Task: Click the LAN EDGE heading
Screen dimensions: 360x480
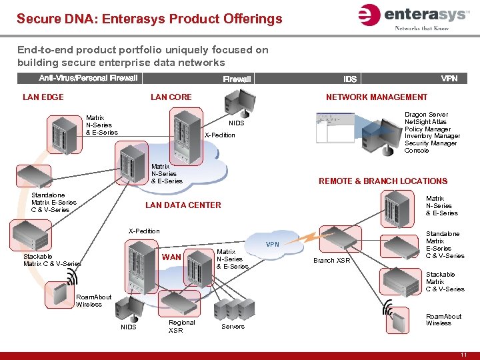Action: click(43, 97)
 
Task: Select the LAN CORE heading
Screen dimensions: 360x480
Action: click(171, 97)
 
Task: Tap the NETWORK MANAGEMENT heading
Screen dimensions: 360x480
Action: click(377, 97)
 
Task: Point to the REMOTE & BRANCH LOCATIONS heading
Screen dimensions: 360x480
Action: click(383, 181)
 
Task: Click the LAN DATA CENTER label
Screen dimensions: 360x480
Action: click(183, 205)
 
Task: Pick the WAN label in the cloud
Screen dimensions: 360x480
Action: click(171, 257)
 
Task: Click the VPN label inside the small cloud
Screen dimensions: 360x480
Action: click(273, 245)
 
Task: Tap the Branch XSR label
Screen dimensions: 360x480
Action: click(332, 261)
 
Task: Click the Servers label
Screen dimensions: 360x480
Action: click(233, 327)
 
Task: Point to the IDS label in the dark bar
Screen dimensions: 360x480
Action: click(350, 79)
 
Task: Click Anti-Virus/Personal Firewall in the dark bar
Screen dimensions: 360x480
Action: click(88, 79)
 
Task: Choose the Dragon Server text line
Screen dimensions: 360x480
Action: click(426, 115)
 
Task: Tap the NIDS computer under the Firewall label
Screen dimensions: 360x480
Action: click(238, 103)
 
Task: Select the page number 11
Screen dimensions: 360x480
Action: click(463, 355)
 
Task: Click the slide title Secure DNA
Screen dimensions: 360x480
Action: click(149, 19)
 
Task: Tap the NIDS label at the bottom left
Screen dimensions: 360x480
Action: click(128, 327)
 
